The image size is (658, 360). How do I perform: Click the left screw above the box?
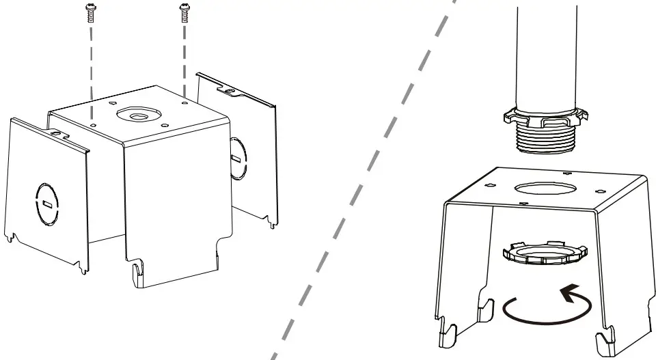click(x=90, y=13)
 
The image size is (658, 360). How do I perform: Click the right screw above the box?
click(x=182, y=13)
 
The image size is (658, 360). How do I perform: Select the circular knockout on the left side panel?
click(x=46, y=203)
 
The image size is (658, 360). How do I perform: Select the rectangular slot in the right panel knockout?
click(x=236, y=159)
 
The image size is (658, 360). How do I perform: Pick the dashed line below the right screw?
click(x=183, y=58)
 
